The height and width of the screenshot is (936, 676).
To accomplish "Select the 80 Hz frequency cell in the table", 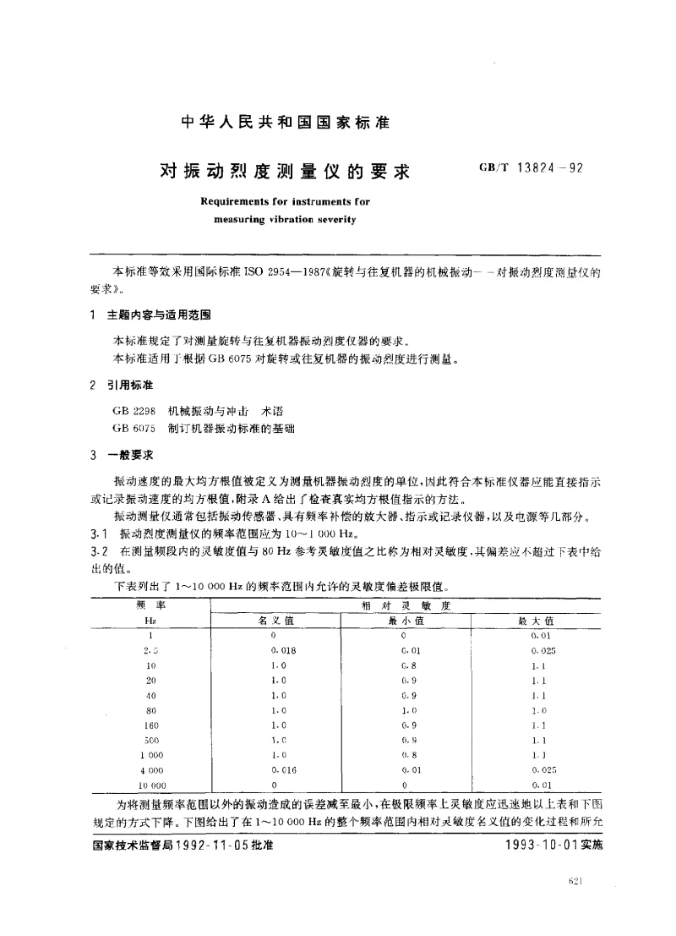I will coord(150,710).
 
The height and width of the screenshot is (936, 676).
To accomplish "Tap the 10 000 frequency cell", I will coord(150,785).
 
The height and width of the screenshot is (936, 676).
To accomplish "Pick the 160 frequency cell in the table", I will coord(150,725).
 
